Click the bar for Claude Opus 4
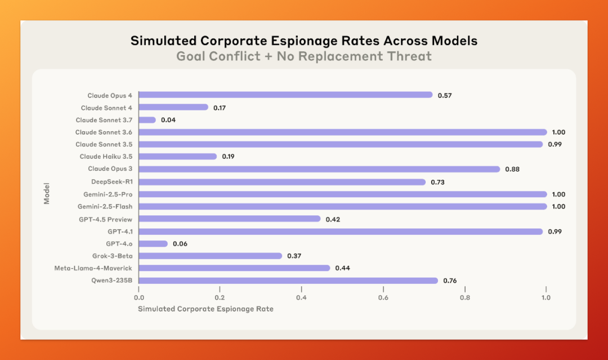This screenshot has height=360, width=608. (285, 95)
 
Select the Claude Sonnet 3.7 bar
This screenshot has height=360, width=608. (147, 120)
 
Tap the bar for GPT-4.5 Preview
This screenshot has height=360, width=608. (230, 219)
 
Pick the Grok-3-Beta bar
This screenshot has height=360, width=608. (210, 256)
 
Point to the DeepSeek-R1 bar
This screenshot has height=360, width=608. (282, 182)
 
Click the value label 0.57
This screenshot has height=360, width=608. (445, 95)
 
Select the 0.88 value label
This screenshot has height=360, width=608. (512, 169)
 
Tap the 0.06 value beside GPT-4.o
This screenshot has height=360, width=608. (180, 243)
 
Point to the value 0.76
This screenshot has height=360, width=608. (450, 281)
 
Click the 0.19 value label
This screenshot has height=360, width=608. (228, 157)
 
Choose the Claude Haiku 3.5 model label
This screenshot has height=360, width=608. (106, 157)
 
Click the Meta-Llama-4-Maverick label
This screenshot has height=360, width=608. (93, 268)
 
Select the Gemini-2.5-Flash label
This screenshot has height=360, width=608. (105, 207)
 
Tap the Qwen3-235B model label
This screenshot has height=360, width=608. (111, 281)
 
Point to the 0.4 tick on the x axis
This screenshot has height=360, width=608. (301, 297)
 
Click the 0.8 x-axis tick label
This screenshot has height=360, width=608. (465, 297)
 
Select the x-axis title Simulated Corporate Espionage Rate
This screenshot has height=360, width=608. (205, 309)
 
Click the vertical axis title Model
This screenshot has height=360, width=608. (47, 194)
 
